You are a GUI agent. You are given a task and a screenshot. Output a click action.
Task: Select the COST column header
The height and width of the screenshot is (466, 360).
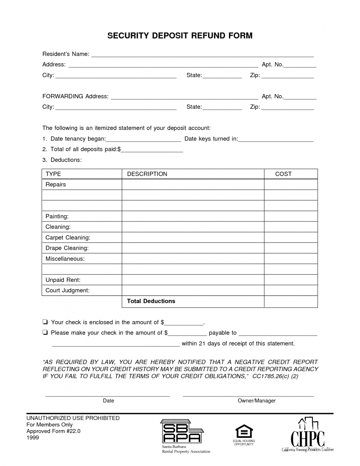click(x=283, y=174)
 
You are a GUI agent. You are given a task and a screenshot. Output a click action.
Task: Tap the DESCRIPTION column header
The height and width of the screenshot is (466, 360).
click(x=147, y=174)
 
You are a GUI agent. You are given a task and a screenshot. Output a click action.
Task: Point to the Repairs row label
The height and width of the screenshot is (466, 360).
click(x=56, y=185)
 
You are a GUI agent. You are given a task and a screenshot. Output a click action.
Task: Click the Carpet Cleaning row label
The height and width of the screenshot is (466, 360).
click(x=68, y=238)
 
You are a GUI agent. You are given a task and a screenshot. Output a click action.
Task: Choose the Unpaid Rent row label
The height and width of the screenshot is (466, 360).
click(x=63, y=280)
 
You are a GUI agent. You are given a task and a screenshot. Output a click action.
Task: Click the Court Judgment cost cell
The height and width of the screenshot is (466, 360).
click(x=291, y=290)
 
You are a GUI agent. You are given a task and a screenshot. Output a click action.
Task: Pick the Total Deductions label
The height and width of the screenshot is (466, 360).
click(x=151, y=301)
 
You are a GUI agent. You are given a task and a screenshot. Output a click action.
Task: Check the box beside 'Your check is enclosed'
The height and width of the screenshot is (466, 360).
click(x=45, y=322)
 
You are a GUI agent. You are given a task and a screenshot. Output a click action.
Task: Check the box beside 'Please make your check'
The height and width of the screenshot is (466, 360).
click(x=45, y=333)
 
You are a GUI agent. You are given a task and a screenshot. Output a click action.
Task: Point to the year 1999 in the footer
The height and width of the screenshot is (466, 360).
click(x=33, y=437)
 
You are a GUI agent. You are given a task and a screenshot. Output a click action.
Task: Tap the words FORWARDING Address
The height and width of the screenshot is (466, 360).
click(x=75, y=96)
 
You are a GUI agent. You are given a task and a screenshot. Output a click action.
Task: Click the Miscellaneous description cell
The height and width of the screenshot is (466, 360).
click(x=193, y=259)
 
